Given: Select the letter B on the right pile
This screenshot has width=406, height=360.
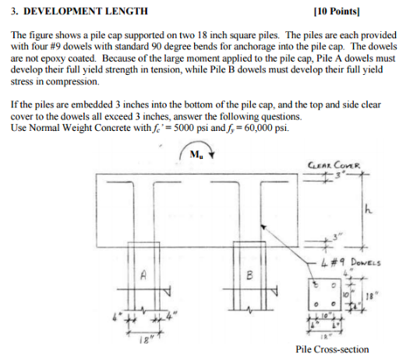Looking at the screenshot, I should (248, 275).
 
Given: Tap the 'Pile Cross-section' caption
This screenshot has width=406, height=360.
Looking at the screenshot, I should (332, 349).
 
